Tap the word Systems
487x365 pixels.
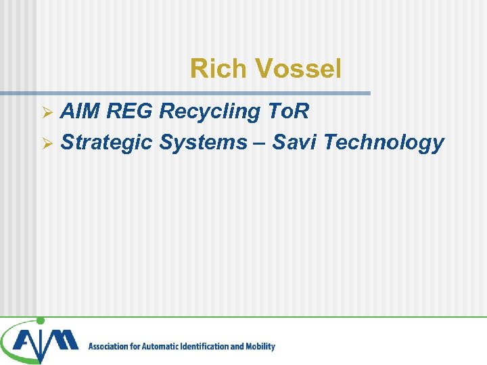point(203,143)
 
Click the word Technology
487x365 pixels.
point(384,143)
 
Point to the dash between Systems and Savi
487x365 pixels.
point(261,143)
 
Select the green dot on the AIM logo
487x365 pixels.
point(40,321)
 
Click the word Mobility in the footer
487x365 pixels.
point(260,347)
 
